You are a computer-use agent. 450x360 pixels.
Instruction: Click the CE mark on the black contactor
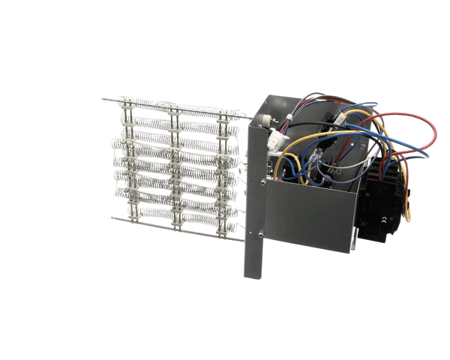tap(384, 220)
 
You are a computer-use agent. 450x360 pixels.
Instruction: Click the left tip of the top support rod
tap(103, 99)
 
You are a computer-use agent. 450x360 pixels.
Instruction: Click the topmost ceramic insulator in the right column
tap(222, 115)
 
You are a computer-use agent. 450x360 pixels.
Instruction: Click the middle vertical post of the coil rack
tap(175, 165)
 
